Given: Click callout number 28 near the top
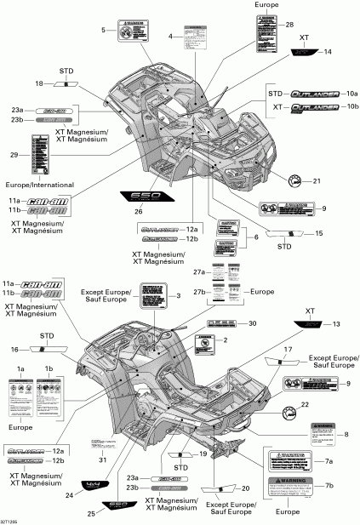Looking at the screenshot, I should tap(289, 25).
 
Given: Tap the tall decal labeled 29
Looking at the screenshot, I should tap(48, 154).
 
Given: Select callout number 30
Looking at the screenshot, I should tap(252, 324).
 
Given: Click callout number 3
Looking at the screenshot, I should tap(179, 295).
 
